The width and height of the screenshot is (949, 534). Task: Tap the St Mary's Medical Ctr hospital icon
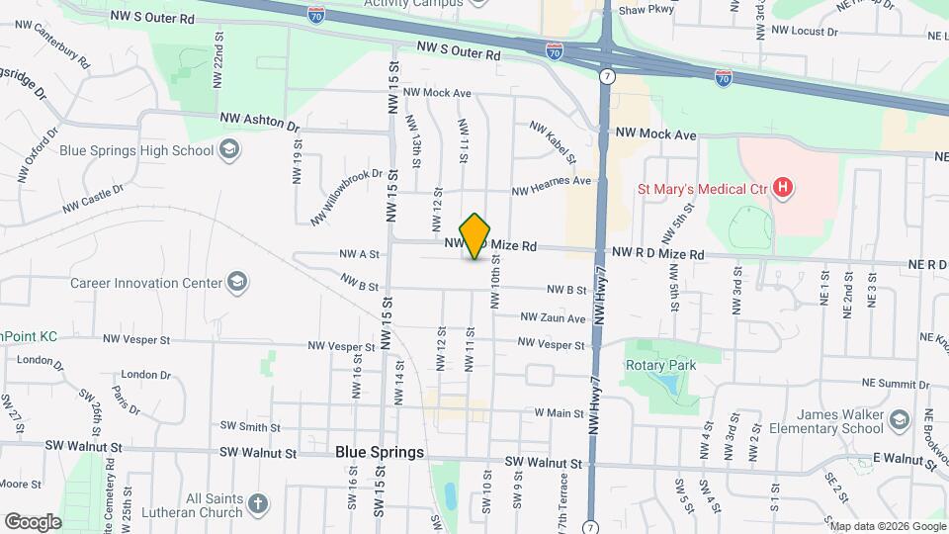tap(784, 187)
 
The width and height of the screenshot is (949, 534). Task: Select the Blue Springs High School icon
tap(229, 150)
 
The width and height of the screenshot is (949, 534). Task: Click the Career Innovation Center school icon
tap(237, 283)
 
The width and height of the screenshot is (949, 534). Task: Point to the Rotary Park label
tap(660, 365)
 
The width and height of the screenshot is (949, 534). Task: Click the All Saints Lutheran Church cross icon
tap(257, 504)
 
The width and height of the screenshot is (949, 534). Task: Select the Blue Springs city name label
tap(380, 452)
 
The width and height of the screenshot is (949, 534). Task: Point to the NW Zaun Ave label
tap(554, 317)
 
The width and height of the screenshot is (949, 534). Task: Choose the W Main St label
tap(560, 411)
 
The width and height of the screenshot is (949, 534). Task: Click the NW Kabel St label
tap(553, 141)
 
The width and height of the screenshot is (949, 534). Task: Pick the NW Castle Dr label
tap(93, 200)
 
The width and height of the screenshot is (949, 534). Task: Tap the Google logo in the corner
tap(33, 521)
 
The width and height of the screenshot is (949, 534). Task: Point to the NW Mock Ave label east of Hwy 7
tap(655, 133)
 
